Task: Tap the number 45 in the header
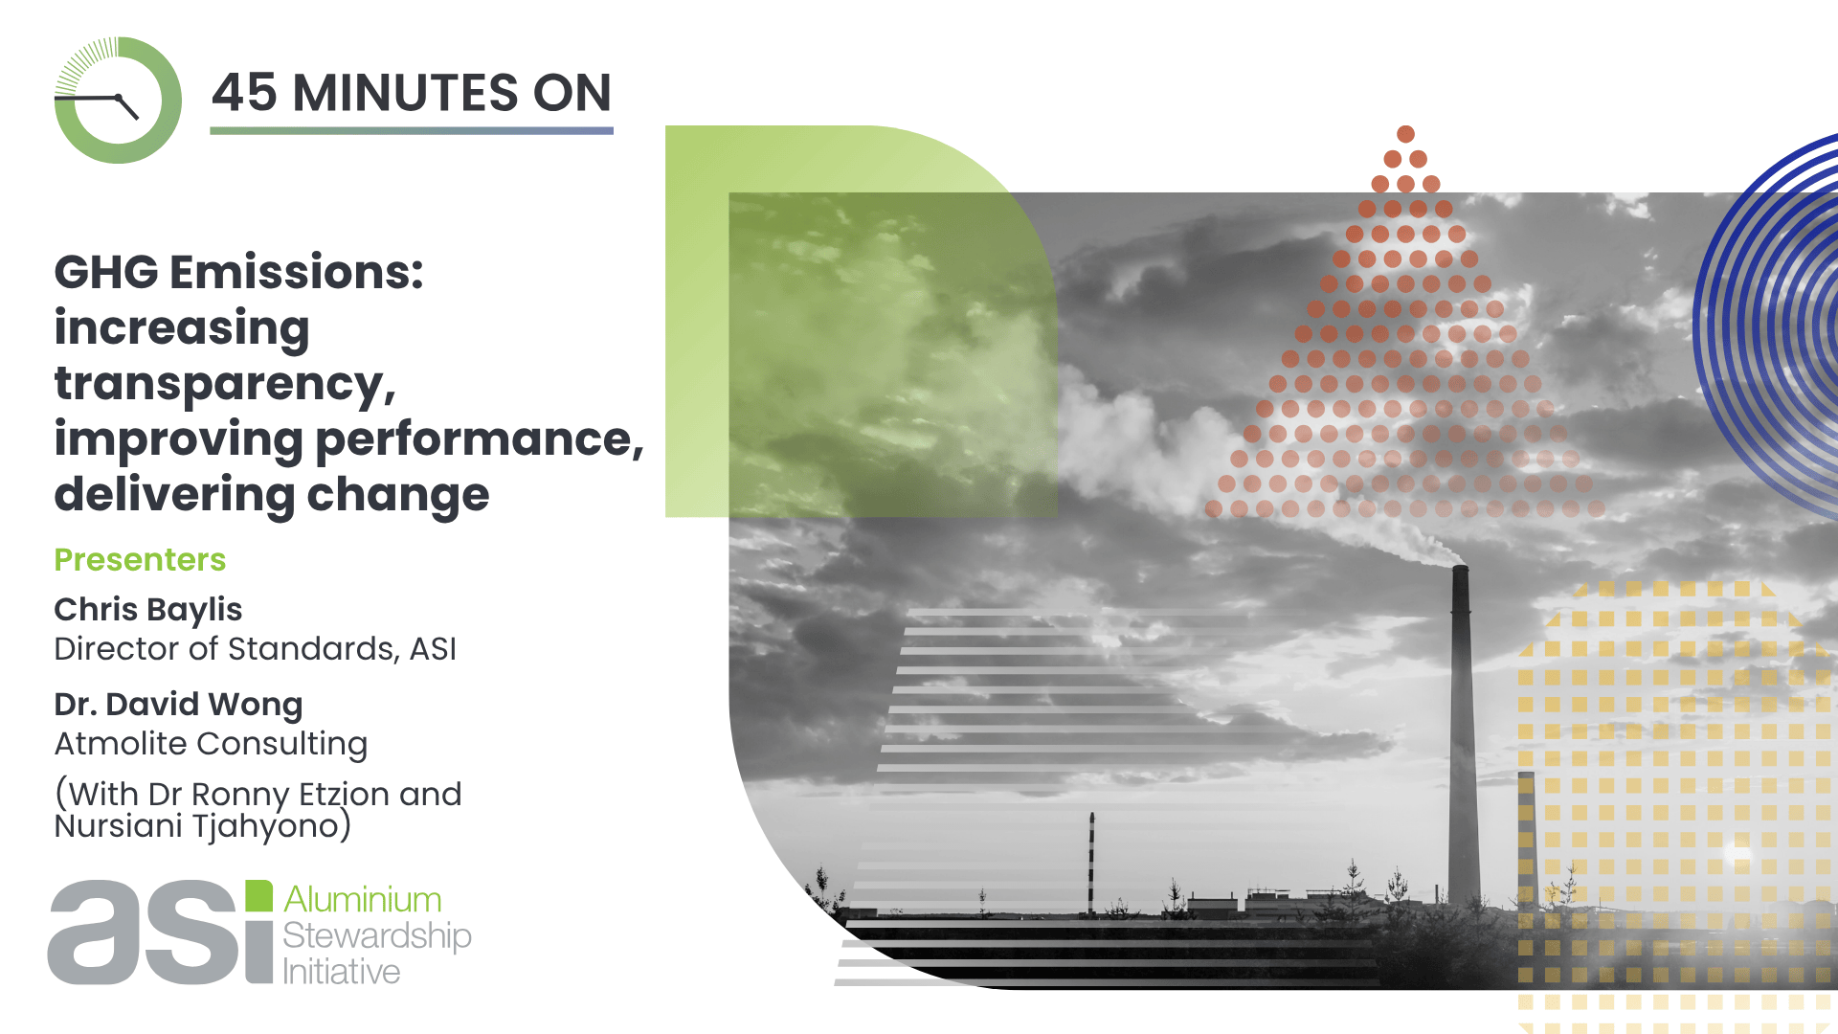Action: tap(245, 93)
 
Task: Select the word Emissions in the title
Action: tap(297, 272)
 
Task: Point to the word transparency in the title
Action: tap(225, 385)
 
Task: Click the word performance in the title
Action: tap(480, 440)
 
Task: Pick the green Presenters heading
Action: tap(140, 559)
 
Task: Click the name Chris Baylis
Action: tap(148, 610)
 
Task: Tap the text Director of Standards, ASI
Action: tap(256, 649)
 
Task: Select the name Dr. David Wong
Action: tap(178, 705)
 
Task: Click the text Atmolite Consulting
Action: tap(211, 744)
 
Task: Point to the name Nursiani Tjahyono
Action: tap(197, 826)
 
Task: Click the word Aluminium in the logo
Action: tap(363, 900)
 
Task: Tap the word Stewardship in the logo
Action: tap(377, 936)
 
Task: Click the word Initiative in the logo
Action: tap(342, 972)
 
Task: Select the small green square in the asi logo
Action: tap(259, 895)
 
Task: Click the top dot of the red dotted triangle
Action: tap(1405, 134)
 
